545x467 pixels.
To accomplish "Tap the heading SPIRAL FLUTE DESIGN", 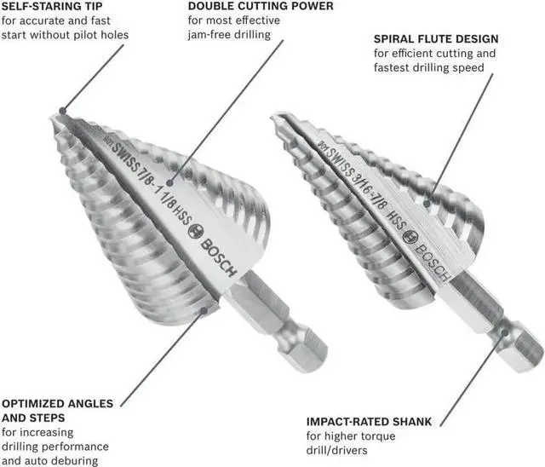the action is (436, 39).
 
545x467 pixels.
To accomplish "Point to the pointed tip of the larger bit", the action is (62, 112).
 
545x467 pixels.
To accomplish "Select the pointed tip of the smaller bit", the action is (274, 117).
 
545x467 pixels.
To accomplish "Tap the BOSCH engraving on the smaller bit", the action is (430, 261).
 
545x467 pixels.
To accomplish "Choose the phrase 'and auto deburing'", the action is (50, 461).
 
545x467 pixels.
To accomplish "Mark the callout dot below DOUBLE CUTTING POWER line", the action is (169, 182).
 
